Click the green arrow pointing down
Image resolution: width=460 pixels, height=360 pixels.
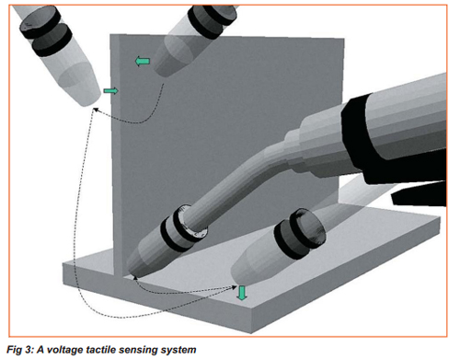click(x=242, y=293)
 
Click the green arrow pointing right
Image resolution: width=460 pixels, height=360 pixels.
click(x=110, y=91)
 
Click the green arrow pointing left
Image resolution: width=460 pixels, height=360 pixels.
click(x=143, y=62)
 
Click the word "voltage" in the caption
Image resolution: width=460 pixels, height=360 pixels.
click(x=64, y=350)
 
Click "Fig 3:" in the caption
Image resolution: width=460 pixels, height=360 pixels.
click(x=19, y=350)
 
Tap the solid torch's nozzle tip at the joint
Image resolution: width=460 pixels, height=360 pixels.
click(x=134, y=274)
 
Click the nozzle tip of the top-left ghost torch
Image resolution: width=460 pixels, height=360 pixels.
click(x=89, y=103)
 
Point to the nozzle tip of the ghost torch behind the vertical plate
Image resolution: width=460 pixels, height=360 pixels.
click(x=164, y=74)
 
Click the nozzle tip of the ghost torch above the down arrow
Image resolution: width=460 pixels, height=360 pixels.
click(x=238, y=281)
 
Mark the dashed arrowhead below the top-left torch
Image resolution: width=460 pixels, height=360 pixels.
click(x=96, y=110)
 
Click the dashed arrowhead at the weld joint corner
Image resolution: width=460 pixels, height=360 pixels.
click(x=135, y=278)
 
